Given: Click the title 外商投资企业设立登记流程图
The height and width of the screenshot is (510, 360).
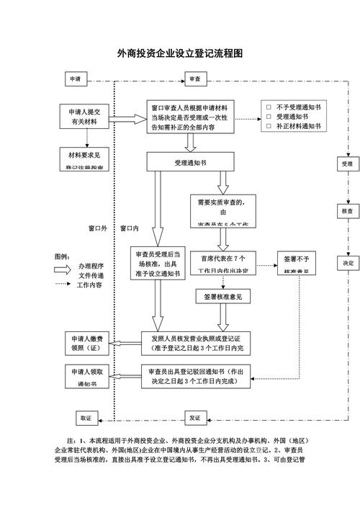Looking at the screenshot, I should click(x=180, y=54).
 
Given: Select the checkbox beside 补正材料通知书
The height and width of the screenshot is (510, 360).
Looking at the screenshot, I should click(x=269, y=126).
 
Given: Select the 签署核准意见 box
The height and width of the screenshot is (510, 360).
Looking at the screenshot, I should click(x=222, y=296).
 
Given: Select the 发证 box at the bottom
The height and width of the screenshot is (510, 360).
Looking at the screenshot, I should click(x=195, y=418).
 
